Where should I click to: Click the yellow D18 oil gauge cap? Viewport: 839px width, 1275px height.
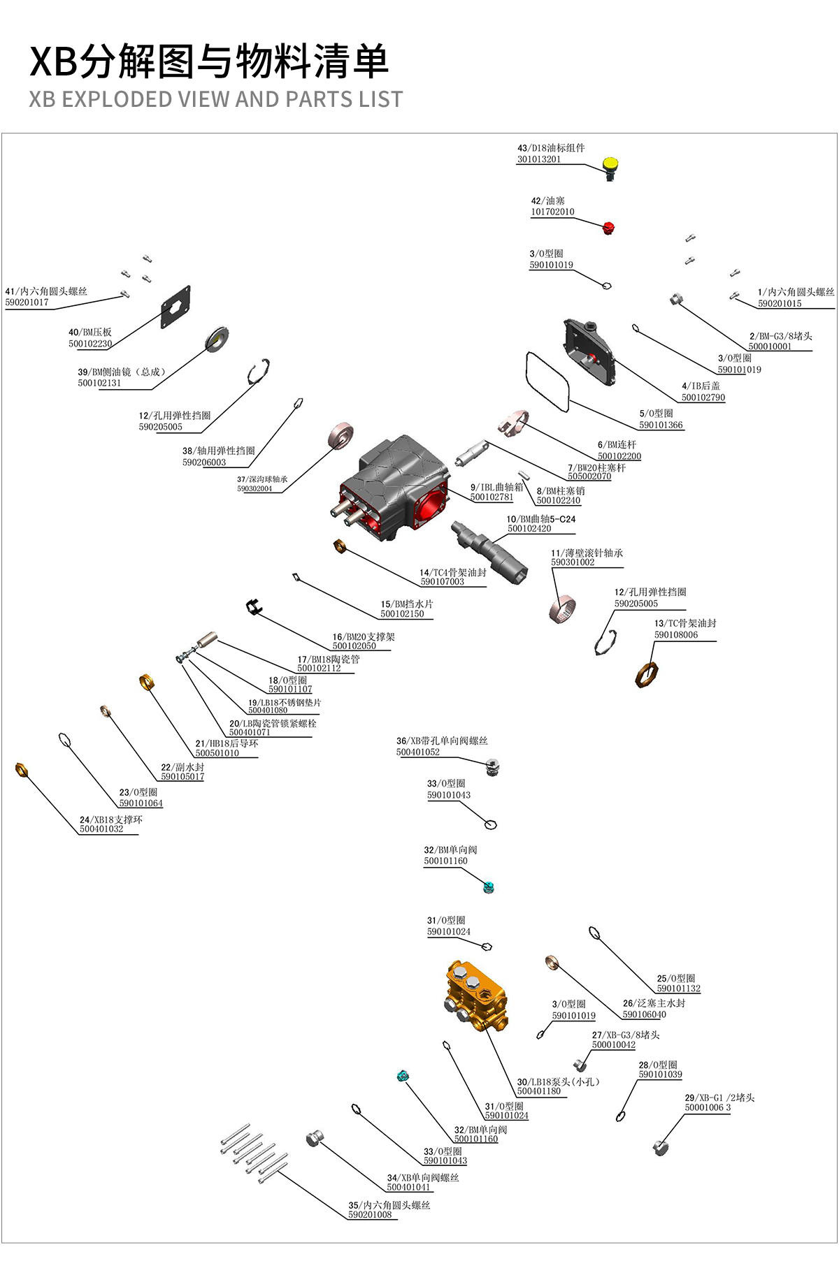point(610,165)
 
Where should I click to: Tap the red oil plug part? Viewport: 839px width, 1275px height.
point(608,227)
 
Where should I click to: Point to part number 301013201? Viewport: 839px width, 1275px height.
point(538,159)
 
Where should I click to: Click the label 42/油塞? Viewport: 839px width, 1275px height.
point(547,201)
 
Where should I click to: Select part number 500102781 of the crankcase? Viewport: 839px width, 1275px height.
point(492,497)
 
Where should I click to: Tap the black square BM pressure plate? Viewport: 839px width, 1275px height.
point(175,307)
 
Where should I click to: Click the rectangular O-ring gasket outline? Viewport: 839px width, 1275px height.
point(547,381)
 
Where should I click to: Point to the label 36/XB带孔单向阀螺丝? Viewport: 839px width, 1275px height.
point(442,741)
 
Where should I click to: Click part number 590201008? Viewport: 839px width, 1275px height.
point(370,1214)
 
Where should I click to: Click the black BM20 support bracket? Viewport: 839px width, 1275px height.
point(254,606)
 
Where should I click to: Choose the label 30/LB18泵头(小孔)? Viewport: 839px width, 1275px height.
point(558,1081)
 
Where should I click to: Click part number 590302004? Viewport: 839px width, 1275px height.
point(254,488)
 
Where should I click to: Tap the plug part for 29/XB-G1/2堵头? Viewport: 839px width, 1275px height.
point(660,1146)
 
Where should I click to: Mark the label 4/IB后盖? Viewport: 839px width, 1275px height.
point(701,386)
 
